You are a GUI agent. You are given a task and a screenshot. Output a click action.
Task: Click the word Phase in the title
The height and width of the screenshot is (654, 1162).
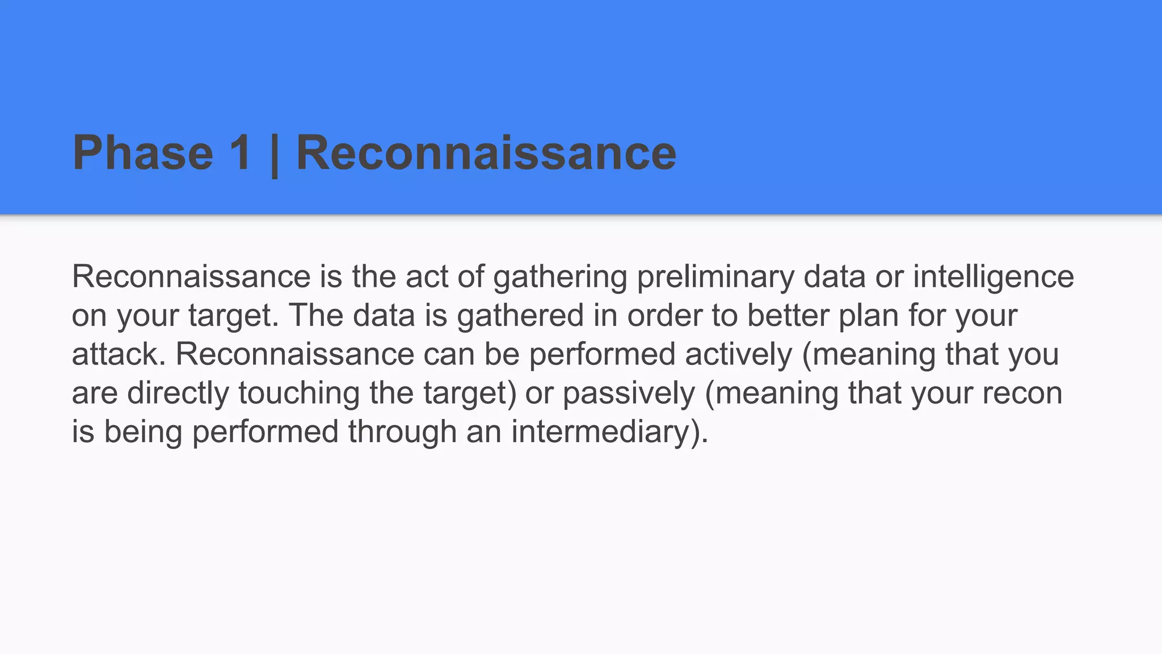pos(142,153)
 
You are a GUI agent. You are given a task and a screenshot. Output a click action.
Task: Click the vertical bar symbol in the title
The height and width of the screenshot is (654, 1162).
pos(275,154)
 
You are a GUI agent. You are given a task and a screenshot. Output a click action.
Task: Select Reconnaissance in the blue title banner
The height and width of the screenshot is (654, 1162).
pos(486,153)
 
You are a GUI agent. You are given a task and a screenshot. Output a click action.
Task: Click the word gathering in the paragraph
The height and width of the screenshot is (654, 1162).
pos(560,278)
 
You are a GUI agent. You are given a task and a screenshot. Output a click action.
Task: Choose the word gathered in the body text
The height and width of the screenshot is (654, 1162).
pos(520,316)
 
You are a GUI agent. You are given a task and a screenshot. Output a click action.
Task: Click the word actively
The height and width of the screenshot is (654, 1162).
pos(738,355)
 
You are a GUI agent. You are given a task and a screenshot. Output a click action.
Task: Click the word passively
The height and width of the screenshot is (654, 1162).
pos(629,393)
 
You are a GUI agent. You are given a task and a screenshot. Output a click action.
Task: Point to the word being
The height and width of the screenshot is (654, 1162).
pos(144,432)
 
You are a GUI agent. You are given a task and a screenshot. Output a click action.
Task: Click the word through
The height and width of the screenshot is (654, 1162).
pos(402,432)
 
